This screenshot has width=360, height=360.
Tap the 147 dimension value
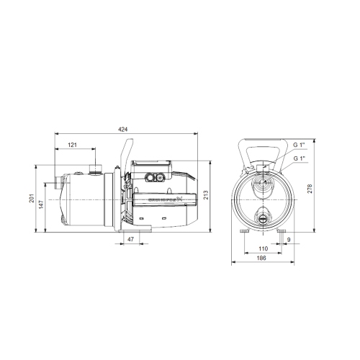tap(41, 204)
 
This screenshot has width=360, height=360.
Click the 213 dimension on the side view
tap(205, 194)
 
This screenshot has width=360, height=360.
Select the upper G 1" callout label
tap(300, 145)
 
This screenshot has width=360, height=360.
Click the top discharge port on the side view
tap(94, 170)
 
